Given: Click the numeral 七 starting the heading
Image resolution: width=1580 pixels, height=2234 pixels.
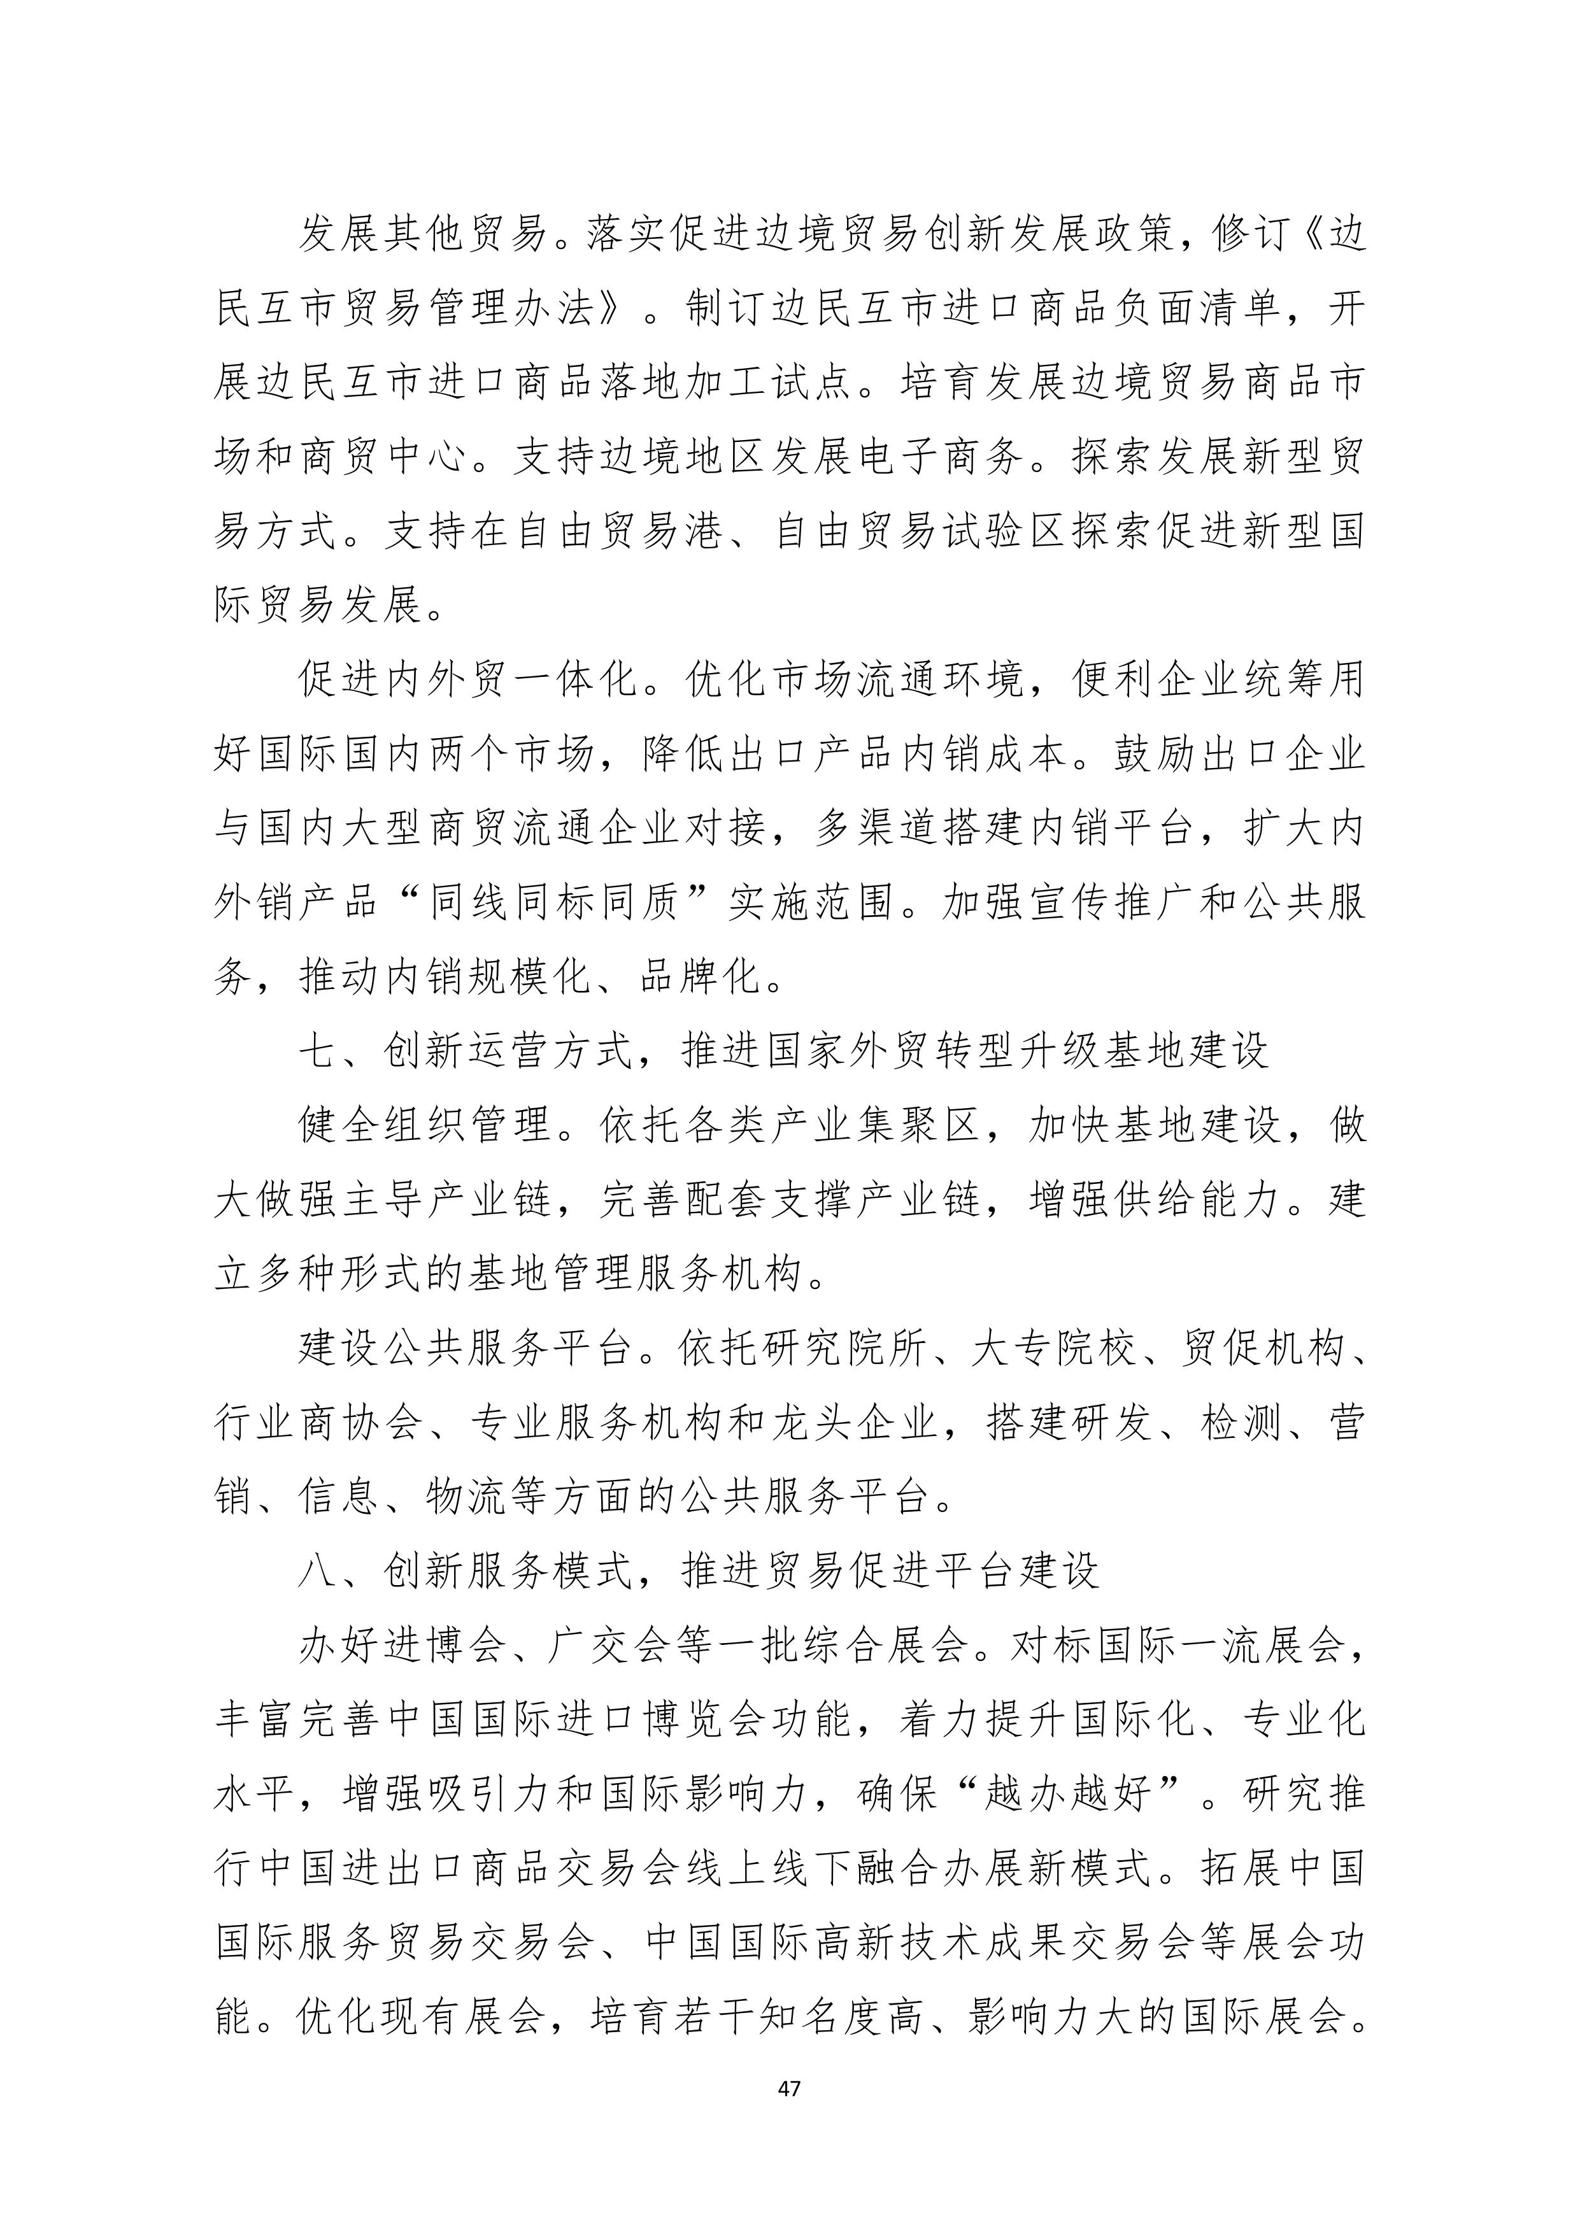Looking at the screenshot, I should pos(318,1052).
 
